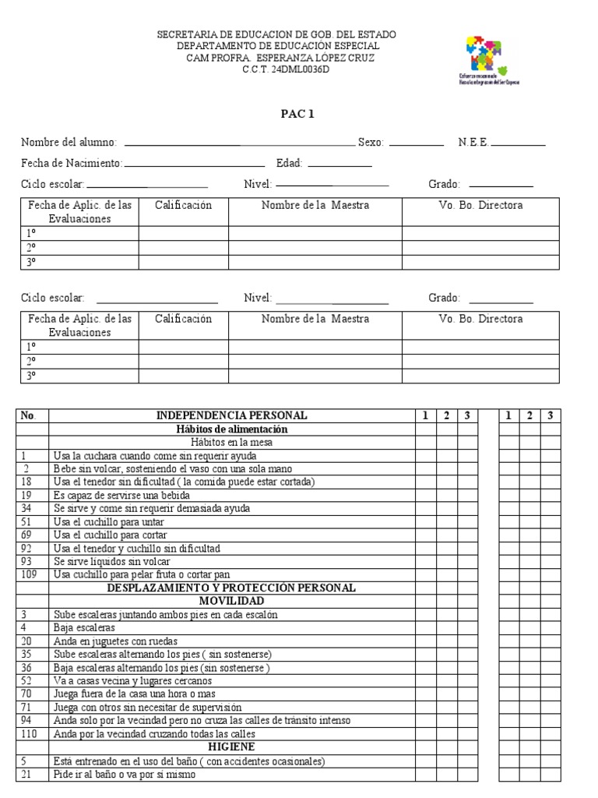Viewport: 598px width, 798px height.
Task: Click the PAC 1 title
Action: click(x=297, y=114)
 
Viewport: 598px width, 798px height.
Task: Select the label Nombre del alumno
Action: click(x=69, y=143)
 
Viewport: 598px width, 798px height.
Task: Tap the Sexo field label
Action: click(x=371, y=143)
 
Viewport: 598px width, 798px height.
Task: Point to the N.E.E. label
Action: click(x=473, y=143)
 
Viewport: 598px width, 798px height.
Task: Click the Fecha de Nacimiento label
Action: click(x=72, y=163)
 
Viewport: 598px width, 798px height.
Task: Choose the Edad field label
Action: click(x=289, y=163)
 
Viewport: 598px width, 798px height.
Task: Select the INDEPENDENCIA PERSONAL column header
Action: click(x=231, y=415)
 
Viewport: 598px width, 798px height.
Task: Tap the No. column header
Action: click(x=29, y=415)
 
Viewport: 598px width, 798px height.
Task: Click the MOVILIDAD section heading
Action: click(x=231, y=601)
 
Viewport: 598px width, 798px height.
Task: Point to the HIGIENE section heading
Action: click(x=231, y=747)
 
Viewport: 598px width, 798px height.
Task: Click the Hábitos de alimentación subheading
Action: click(x=231, y=429)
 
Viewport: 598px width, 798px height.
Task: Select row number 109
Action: click(x=30, y=574)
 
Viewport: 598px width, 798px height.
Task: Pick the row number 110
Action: click(x=30, y=733)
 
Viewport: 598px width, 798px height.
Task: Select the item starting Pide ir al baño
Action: click(x=125, y=774)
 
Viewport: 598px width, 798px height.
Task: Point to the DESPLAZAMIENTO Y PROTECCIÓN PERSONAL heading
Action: click(x=231, y=588)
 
